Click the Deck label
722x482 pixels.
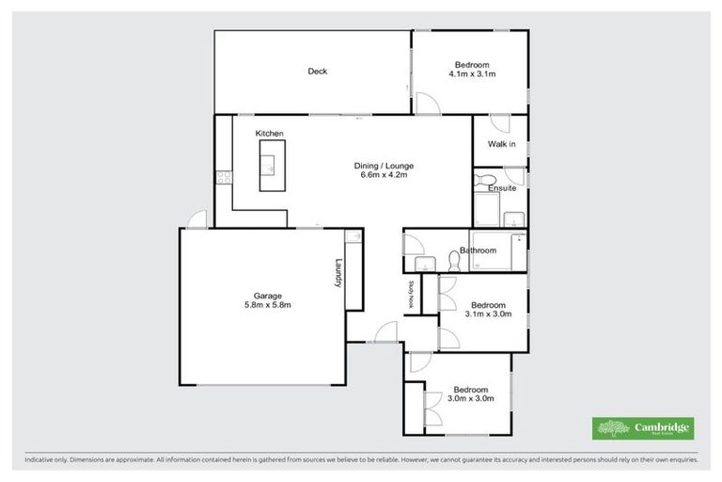pos(318,72)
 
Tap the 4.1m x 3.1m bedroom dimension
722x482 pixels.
pos(472,73)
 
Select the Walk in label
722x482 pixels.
pos(500,144)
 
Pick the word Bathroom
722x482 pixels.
pos(478,250)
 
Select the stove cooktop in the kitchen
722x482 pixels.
pos(223,176)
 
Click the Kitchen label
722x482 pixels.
pos(270,134)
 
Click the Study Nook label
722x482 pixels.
pos(411,295)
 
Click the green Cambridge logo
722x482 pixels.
pos(643,428)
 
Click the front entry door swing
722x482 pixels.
pos(384,331)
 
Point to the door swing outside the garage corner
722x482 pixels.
pos(196,219)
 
